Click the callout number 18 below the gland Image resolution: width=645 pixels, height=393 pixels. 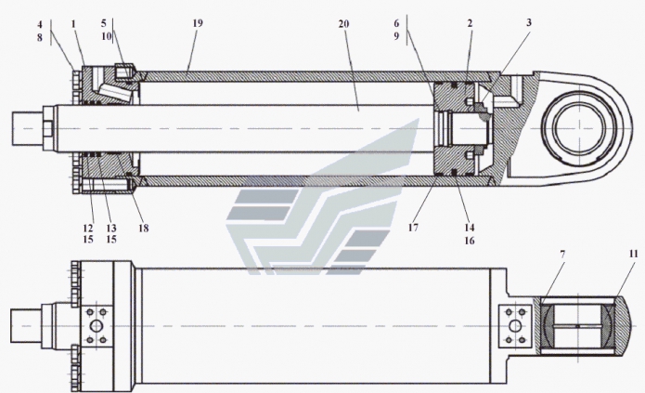tap(142, 227)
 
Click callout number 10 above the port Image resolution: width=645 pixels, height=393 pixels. tap(107, 35)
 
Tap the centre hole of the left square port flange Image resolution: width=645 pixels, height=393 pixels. tap(95, 328)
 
